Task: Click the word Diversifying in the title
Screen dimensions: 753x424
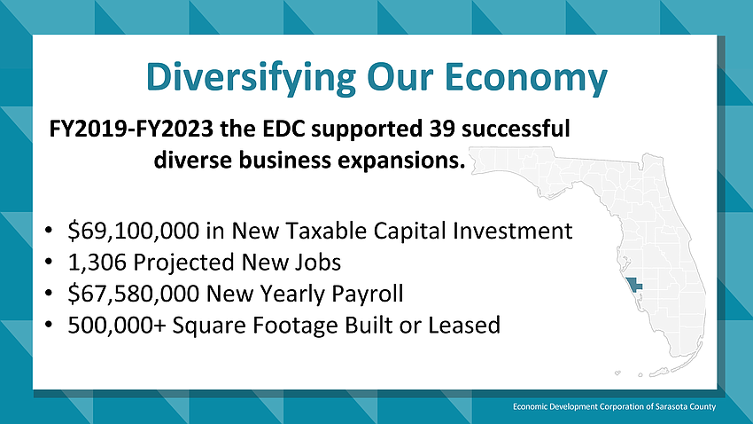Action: [251, 77]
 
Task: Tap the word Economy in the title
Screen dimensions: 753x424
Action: [526, 77]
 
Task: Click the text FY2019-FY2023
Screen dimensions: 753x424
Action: [131, 129]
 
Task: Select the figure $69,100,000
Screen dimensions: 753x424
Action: [134, 231]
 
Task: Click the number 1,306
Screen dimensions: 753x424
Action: [97, 262]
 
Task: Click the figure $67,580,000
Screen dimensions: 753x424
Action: [134, 294]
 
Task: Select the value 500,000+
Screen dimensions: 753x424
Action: [117, 325]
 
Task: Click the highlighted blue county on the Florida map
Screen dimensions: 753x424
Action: [634, 284]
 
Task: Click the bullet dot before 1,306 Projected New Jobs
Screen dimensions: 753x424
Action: [48, 262]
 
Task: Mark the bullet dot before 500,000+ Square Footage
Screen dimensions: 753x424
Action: [48, 325]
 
